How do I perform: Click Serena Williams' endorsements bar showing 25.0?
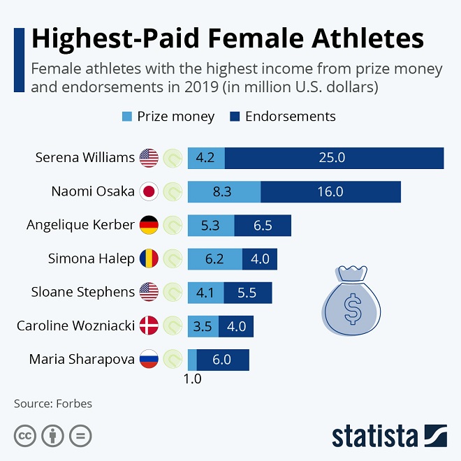(334, 158)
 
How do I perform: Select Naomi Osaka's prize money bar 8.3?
(224, 191)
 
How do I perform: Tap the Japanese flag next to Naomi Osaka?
(149, 191)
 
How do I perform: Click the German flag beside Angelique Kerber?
(149, 225)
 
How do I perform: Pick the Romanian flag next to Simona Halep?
(149, 259)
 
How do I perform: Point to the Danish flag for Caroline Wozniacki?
(149, 326)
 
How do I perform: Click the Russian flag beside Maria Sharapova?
(149, 360)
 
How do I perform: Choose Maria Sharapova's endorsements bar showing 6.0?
(223, 360)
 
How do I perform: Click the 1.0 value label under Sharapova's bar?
(192, 380)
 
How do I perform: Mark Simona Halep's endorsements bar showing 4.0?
(260, 259)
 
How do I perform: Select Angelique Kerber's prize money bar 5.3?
(211, 225)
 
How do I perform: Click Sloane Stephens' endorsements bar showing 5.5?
(248, 293)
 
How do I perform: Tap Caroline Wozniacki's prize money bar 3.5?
(203, 326)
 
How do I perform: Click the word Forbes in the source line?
(75, 404)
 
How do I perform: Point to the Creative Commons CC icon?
(24, 437)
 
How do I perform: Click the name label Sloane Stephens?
(82, 293)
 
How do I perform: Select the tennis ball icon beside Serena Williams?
(173, 158)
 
